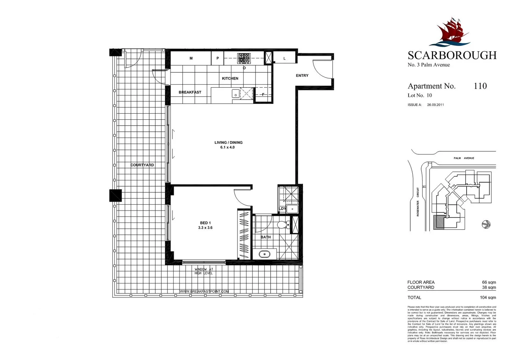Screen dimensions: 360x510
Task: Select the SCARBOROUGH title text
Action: point(452,55)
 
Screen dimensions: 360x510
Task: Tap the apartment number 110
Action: point(480,86)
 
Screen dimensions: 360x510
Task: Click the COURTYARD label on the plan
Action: point(142,165)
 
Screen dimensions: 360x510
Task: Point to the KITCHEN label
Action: point(230,78)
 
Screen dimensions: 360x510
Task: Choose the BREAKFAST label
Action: point(190,92)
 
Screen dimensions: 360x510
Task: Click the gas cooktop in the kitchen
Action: point(243,58)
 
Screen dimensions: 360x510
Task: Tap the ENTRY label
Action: point(302,76)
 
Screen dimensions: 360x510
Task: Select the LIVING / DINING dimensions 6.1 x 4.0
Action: point(227,147)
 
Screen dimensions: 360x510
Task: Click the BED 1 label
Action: point(205,223)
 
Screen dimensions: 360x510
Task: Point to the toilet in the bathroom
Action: point(282,225)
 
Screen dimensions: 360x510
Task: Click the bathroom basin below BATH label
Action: point(265,254)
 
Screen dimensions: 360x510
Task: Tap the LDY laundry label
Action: point(282,209)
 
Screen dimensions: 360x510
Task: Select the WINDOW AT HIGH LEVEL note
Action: point(203,271)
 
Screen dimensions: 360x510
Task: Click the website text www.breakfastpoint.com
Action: point(204,291)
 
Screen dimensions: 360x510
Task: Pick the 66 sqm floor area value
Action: point(489,282)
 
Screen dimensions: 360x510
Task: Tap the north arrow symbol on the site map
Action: point(486,225)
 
